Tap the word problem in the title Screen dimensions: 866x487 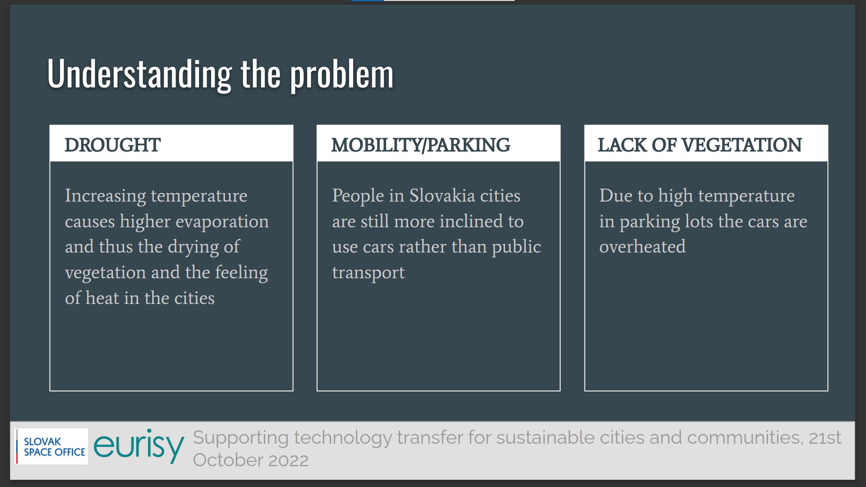pyautogui.click(x=342, y=74)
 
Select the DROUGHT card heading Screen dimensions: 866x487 pyautogui.click(x=112, y=145)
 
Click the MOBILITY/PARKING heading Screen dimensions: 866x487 pyautogui.click(x=421, y=145)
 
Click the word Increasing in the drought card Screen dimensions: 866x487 pyautogui.click(x=106, y=196)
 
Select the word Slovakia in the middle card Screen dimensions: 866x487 pyautogui.click(x=442, y=196)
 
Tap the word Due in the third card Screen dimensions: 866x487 pyautogui.click(x=616, y=196)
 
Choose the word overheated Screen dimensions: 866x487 pyautogui.click(x=642, y=247)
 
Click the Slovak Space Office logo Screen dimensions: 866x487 pyautogui.click(x=51, y=446)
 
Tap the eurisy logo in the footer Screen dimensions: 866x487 pyautogui.click(x=139, y=446)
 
